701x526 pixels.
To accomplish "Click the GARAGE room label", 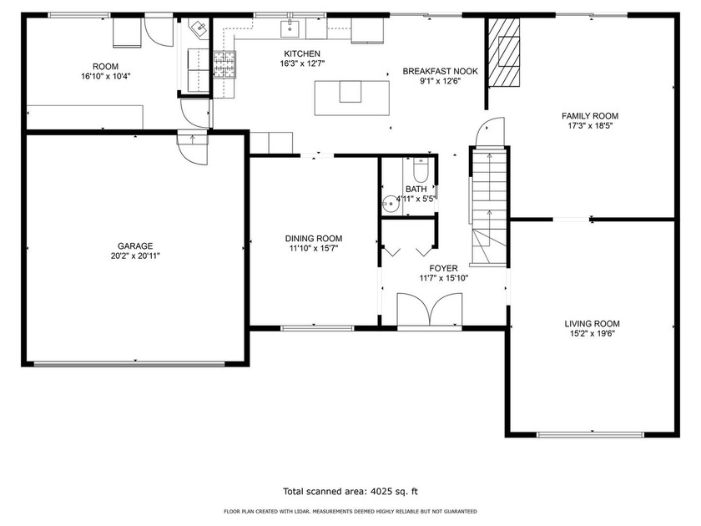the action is (135, 246).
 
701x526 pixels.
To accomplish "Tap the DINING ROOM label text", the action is (314, 239).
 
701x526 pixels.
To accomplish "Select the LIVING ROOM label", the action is (592, 323).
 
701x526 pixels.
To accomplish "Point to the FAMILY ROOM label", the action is (590, 116).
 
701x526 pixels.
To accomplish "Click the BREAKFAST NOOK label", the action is (441, 71).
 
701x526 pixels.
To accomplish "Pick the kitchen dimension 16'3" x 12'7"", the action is (302, 63).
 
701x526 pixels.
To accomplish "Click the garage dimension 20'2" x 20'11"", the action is (135, 255).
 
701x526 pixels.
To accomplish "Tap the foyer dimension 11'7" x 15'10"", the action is (443, 278).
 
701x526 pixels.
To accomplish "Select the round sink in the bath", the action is (391, 205).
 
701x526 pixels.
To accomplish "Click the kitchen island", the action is (352, 98).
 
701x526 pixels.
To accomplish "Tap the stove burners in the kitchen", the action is (224, 64).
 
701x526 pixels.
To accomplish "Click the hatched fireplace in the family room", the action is (503, 52).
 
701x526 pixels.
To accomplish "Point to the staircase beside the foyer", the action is (490, 207).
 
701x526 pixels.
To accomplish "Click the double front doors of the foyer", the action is (430, 310).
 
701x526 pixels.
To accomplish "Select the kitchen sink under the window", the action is (290, 28).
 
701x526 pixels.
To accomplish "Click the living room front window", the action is (591, 434).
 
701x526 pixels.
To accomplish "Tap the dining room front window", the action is (317, 328).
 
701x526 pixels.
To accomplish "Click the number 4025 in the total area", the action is (380, 492).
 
